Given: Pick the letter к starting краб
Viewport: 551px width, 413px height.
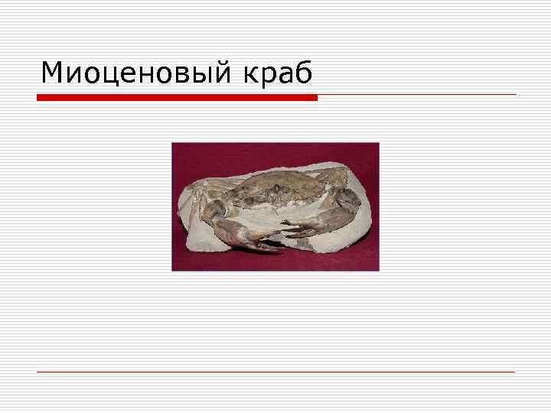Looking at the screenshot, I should click(x=252, y=75).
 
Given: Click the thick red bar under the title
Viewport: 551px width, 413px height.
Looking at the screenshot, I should click(x=177, y=98).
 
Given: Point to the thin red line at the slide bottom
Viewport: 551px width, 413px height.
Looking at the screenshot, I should click(x=275, y=372).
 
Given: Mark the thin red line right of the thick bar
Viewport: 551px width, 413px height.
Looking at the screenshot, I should click(x=417, y=95).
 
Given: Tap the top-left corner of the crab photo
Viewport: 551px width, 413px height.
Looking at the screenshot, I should click(x=172, y=143).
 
